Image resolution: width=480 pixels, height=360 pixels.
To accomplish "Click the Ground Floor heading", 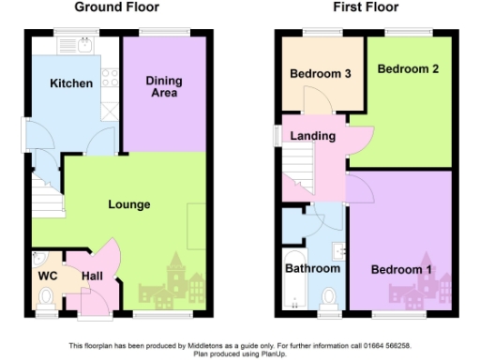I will point(116,7).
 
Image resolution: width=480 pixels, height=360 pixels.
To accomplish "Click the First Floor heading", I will point(366,7).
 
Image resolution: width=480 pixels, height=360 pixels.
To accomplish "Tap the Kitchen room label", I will point(72,83).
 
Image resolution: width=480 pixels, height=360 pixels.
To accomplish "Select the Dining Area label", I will point(163,87).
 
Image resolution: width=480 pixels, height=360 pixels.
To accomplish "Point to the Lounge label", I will point(128,203).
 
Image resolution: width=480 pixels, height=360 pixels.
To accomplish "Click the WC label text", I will point(47,277).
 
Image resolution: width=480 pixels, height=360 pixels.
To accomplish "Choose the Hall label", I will point(92,277).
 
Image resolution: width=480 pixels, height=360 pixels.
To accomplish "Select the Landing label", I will point(312,137).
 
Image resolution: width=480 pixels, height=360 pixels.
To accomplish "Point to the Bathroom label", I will point(313,269).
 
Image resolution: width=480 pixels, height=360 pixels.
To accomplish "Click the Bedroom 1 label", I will point(401,270).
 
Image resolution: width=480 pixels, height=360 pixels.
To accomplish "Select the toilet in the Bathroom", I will point(329,298).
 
